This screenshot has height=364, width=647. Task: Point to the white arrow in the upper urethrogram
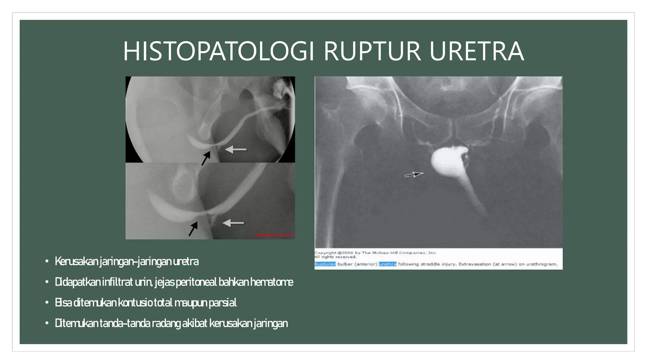click(x=236, y=149)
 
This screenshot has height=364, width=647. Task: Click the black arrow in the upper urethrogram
click(x=206, y=158)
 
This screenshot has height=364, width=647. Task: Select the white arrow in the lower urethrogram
click(x=233, y=223)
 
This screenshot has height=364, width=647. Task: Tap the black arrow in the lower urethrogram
click(x=193, y=229)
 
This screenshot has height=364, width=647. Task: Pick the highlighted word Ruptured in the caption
click(x=325, y=264)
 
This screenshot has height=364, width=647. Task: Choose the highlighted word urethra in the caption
click(x=387, y=264)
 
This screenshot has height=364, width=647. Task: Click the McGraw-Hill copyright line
click(x=375, y=253)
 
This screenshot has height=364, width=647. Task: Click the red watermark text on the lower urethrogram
click(x=274, y=235)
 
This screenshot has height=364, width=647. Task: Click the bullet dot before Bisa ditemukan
click(x=47, y=303)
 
